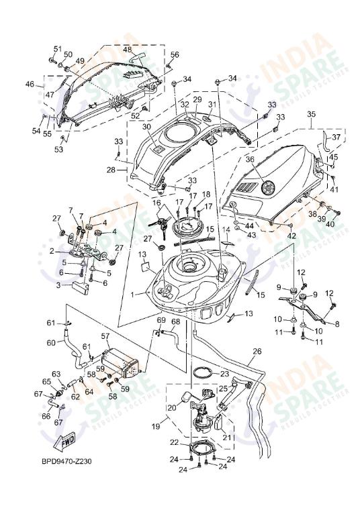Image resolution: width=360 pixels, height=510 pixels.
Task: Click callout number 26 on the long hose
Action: [257, 351]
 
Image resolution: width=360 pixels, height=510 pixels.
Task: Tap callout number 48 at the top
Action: [127, 50]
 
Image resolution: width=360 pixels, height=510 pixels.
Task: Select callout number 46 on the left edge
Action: [29, 85]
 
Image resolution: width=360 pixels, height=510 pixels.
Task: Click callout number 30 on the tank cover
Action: [146, 126]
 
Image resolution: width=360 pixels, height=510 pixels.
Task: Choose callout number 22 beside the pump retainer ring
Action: [174, 442]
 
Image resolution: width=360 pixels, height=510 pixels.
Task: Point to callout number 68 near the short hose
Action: [175, 322]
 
